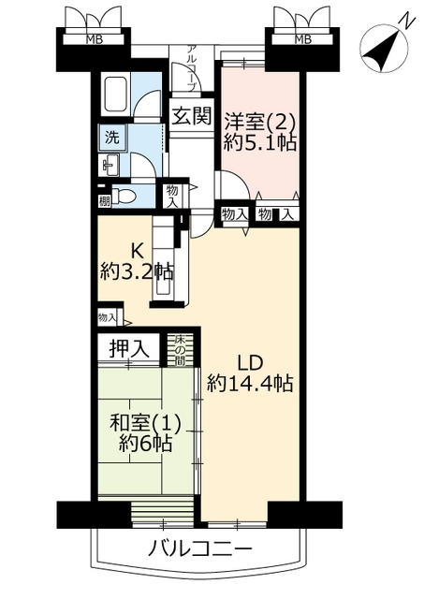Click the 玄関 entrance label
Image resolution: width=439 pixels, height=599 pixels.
point(191,116)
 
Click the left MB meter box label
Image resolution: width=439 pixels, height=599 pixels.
point(95,39)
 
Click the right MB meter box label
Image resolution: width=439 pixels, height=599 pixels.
point(303,39)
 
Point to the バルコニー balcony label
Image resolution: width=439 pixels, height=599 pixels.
point(199,549)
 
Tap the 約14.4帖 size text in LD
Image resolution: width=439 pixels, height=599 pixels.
point(250,383)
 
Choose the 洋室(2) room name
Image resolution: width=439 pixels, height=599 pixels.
point(259,123)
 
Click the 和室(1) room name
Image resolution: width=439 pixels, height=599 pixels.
point(145,423)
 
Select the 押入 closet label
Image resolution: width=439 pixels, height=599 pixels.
point(128,349)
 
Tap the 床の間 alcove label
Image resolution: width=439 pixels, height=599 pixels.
point(180,349)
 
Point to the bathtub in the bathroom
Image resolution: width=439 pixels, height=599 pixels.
point(115,95)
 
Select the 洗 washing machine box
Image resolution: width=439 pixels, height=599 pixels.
point(112,138)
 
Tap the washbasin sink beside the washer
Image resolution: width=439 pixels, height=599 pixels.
point(109,166)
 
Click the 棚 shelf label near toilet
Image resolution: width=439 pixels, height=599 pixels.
point(104,200)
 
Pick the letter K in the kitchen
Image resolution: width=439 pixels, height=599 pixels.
point(138,252)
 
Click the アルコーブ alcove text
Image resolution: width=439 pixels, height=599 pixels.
point(192,67)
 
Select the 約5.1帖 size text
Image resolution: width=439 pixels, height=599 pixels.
point(260,143)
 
